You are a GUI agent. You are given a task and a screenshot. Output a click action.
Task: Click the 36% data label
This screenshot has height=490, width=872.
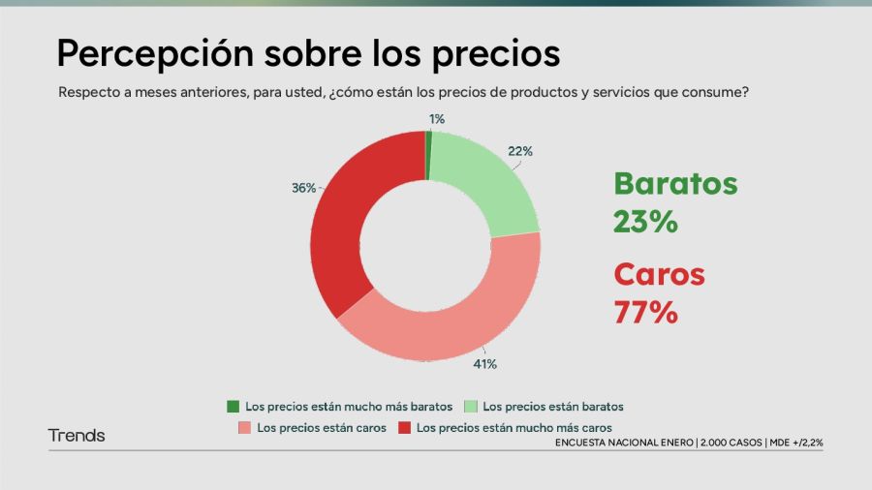click(x=303, y=188)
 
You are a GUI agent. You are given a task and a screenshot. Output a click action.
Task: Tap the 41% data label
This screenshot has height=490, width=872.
click(x=484, y=364)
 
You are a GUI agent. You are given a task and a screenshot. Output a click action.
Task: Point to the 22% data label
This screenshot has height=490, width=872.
click(x=520, y=151)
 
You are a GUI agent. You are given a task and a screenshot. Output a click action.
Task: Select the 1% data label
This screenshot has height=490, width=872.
click(x=437, y=119)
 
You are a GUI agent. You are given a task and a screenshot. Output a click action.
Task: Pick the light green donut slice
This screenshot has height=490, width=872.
click(x=489, y=184)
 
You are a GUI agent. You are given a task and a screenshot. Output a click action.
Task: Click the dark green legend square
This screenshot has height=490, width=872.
click(x=233, y=407)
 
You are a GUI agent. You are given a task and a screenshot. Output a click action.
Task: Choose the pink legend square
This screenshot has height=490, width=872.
click(x=244, y=427)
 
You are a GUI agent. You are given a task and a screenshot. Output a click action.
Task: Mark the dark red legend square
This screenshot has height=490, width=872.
click(x=404, y=427)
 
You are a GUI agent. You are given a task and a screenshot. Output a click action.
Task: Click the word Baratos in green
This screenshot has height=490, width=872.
click(x=675, y=184)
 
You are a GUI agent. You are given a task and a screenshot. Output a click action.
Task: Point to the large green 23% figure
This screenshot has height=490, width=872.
click(x=644, y=221)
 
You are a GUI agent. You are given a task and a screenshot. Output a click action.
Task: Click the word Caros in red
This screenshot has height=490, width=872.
click(x=659, y=275)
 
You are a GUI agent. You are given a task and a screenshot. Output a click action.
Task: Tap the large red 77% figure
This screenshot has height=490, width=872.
click(x=644, y=312)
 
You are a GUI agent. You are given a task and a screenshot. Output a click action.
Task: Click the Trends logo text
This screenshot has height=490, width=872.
click(x=77, y=436)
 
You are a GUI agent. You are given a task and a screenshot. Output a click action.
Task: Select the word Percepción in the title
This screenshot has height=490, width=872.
click(x=154, y=54)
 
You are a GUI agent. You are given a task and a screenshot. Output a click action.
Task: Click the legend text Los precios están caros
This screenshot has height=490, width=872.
click(x=321, y=427)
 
